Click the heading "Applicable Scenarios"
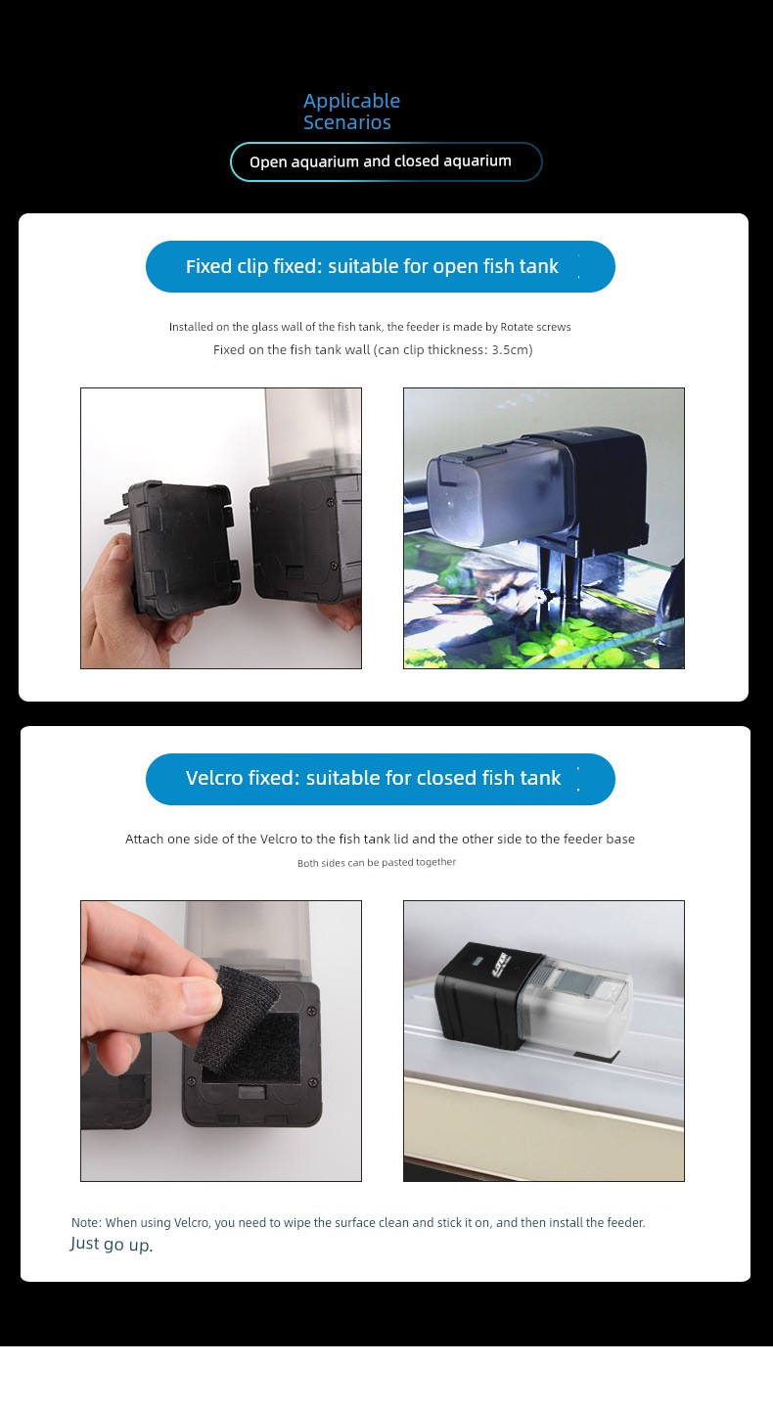pos(351,112)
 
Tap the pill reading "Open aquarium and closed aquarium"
pos(386,161)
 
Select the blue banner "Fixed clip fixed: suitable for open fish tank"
pos(380,266)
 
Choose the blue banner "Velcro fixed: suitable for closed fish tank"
pos(380,779)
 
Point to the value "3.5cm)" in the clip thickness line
pos(512,350)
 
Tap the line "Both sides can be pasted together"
pos(376,862)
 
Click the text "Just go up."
pos(111,1245)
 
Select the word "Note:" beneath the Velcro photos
pos(86,1223)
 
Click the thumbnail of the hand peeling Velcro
pos(221,1041)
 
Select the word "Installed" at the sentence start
pos(191,327)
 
